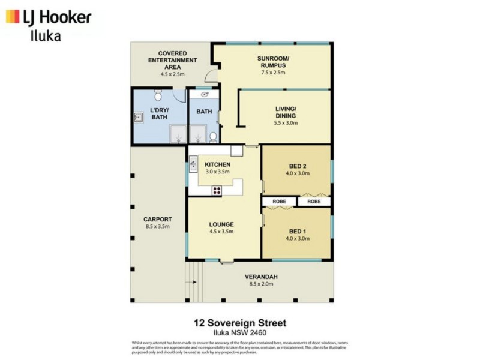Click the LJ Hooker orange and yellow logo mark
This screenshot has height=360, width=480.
pyautogui.click(x=13, y=17)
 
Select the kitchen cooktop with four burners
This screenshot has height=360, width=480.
pyautogui.click(x=217, y=191)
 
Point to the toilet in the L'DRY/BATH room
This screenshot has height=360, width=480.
pyautogui.click(x=158, y=95)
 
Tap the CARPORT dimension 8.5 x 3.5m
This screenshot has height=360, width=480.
pyautogui.click(x=158, y=226)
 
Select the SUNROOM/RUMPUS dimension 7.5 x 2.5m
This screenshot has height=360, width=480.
pyautogui.click(x=273, y=72)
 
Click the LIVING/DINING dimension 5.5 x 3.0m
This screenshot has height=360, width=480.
pyautogui.click(x=286, y=122)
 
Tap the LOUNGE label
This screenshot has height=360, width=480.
pyautogui.click(x=221, y=224)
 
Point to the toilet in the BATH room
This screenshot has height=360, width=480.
pyautogui.click(x=212, y=137)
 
